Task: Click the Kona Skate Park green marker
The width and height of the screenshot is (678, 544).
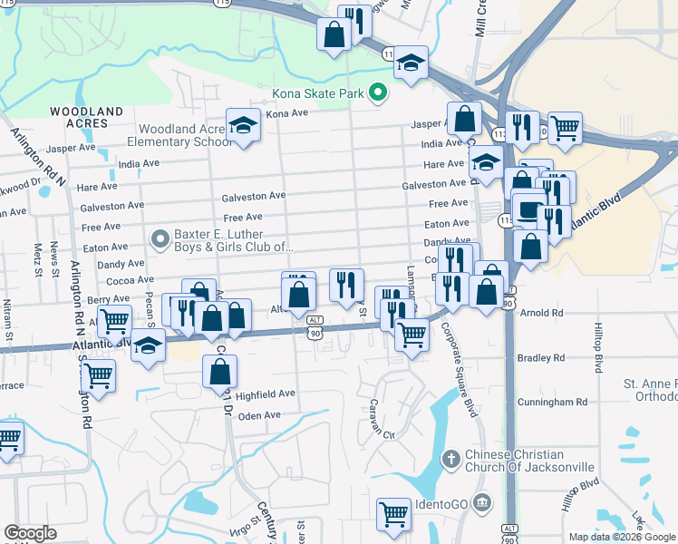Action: click(379, 92)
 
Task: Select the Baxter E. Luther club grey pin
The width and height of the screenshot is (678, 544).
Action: click(160, 239)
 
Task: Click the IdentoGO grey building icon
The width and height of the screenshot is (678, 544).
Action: click(481, 501)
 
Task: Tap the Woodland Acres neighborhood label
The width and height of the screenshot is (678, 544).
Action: click(86, 117)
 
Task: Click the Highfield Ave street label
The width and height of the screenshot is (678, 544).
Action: click(266, 394)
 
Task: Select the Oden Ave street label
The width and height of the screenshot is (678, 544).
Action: click(260, 415)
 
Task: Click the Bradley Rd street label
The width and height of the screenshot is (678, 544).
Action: click(540, 358)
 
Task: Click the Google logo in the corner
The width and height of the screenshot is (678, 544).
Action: click(30, 533)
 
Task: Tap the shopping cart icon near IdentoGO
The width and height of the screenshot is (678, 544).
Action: click(394, 514)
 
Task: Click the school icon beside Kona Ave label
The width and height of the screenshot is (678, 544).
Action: click(243, 124)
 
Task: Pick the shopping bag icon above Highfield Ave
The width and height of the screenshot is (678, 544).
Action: click(219, 370)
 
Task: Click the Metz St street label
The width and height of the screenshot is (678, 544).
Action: click(38, 258)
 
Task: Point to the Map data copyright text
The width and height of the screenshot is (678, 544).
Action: click(622, 537)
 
